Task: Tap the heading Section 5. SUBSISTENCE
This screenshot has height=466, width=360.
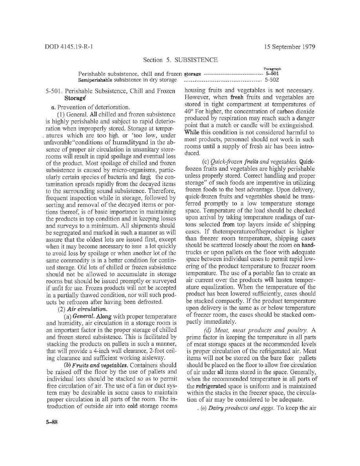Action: (x=180, y=60)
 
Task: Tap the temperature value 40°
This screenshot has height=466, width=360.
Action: (x=188, y=111)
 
